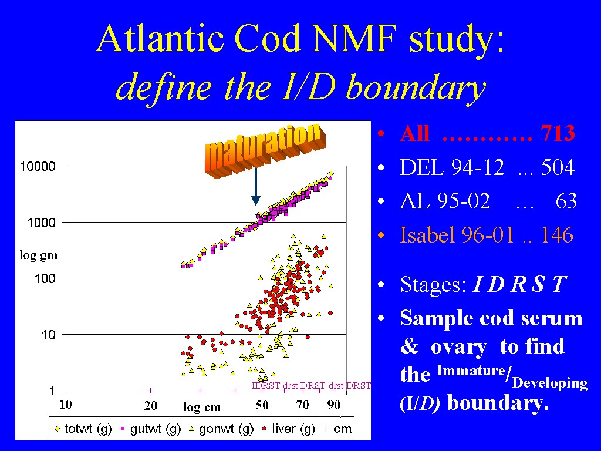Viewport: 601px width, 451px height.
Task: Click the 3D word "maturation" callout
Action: point(265,150)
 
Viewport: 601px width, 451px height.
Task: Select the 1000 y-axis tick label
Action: point(42,223)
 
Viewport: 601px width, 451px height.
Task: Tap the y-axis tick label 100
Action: point(45,278)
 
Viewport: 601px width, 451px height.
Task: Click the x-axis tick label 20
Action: point(151,405)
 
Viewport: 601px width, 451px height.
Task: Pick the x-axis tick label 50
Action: point(262,405)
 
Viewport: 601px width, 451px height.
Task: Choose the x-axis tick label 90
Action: point(333,405)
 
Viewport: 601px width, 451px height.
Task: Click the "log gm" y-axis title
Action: point(38,255)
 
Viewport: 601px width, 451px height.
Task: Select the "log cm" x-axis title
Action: point(201,407)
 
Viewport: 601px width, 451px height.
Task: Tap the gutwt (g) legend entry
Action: point(152,429)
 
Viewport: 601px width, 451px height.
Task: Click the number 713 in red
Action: point(558,134)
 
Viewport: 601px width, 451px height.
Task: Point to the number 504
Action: point(557,169)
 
